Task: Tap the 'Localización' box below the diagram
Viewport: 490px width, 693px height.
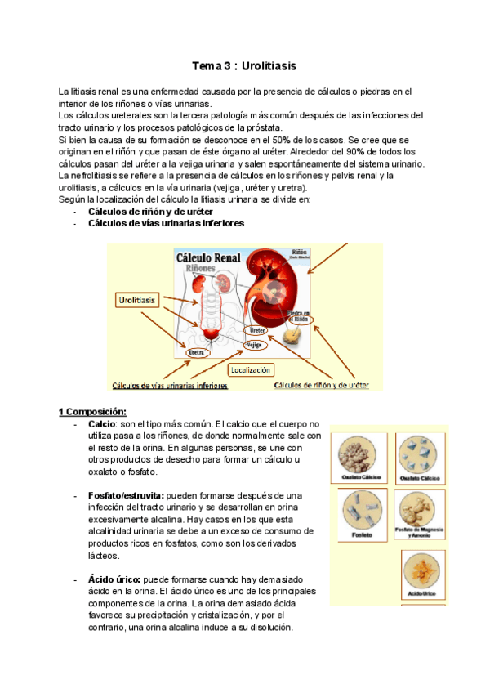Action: (250, 370)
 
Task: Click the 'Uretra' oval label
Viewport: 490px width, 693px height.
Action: (196, 353)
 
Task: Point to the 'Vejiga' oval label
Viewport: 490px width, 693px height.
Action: (254, 346)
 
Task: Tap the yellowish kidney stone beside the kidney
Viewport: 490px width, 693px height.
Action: (292, 336)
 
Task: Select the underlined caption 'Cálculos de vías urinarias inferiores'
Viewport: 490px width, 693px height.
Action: (170, 385)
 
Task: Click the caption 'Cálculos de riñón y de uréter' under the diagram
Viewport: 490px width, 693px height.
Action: (322, 384)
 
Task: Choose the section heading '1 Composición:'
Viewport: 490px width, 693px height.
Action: (92, 410)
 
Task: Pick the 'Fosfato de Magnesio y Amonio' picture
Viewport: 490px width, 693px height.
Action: (421, 510)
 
